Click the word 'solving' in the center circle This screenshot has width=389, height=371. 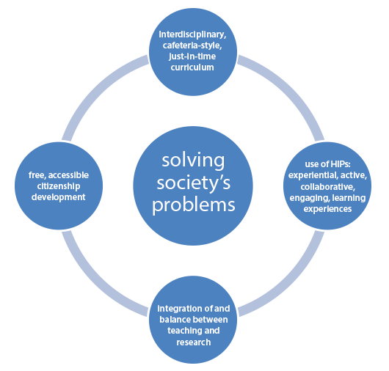click(193, 161)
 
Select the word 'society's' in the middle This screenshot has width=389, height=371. click(194, 184)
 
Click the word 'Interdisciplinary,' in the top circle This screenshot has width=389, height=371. click(192, 34)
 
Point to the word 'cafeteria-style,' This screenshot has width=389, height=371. click(192, 45)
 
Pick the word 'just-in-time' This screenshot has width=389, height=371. click(192, 56)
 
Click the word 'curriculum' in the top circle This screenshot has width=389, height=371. click(192, 67)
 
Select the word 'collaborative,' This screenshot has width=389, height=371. click(328, 187)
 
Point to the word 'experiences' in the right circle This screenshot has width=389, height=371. click(328, 209)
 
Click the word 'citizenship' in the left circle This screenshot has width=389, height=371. click(59, 186)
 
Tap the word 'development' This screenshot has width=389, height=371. click(58, 197)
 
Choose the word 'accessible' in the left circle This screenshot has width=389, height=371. click(68, 175)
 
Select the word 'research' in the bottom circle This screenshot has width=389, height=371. click(194, 342)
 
